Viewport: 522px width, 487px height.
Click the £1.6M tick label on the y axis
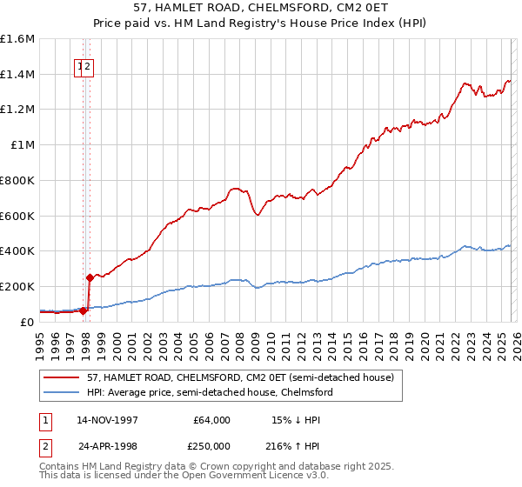(x=17, y=39)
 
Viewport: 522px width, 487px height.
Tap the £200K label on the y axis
(x=17, y=286)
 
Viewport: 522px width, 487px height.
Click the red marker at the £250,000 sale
(x=89, y=277)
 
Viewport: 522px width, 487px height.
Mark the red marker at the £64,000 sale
(x=84, y=310)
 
